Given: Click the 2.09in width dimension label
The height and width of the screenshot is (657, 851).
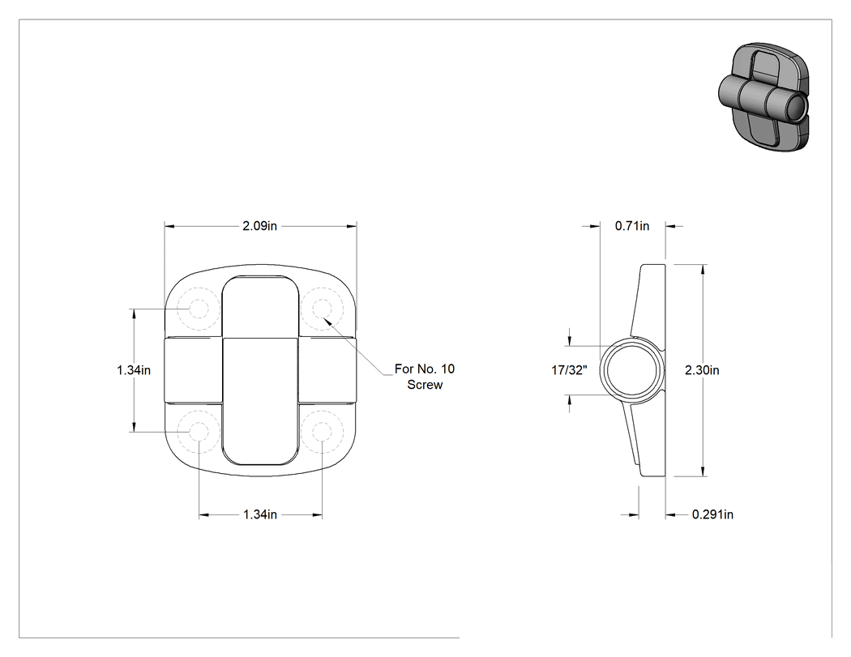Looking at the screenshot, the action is tap(259, 226).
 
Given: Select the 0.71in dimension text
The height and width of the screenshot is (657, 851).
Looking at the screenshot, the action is tap(631, 226).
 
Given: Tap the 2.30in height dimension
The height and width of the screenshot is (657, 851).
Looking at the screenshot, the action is tap(702, 370).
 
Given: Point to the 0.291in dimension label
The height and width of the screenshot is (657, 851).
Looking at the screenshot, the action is tap(712, 514).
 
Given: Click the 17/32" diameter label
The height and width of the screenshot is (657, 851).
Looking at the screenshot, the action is tap(569, 370).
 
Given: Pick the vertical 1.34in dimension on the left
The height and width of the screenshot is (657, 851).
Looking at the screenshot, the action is tap(134, 370).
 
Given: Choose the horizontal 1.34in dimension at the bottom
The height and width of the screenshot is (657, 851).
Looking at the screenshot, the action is tap(260, 514).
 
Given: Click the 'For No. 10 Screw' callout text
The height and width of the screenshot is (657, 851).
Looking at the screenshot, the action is tap(425, 377).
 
